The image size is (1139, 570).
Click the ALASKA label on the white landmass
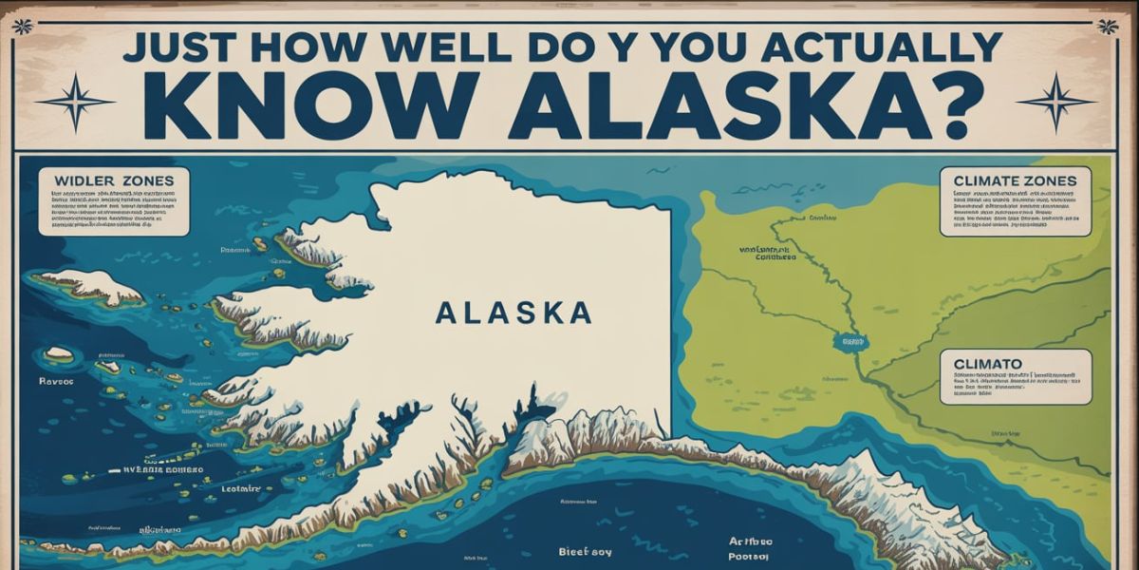[513, 313]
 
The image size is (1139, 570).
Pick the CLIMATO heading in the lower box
[981, 363]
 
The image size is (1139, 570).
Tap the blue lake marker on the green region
[847, 339]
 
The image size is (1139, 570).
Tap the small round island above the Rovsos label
[59, 353]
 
